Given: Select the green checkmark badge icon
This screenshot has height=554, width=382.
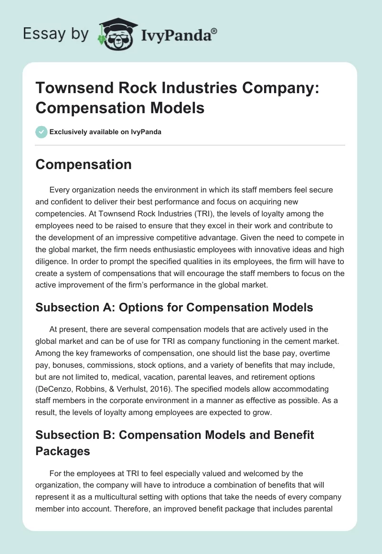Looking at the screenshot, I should (x=42, y=132).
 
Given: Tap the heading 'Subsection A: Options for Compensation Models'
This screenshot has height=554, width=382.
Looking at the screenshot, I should (x=174, y=307).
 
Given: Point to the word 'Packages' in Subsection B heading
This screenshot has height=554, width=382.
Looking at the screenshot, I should (x=63, y=451).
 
